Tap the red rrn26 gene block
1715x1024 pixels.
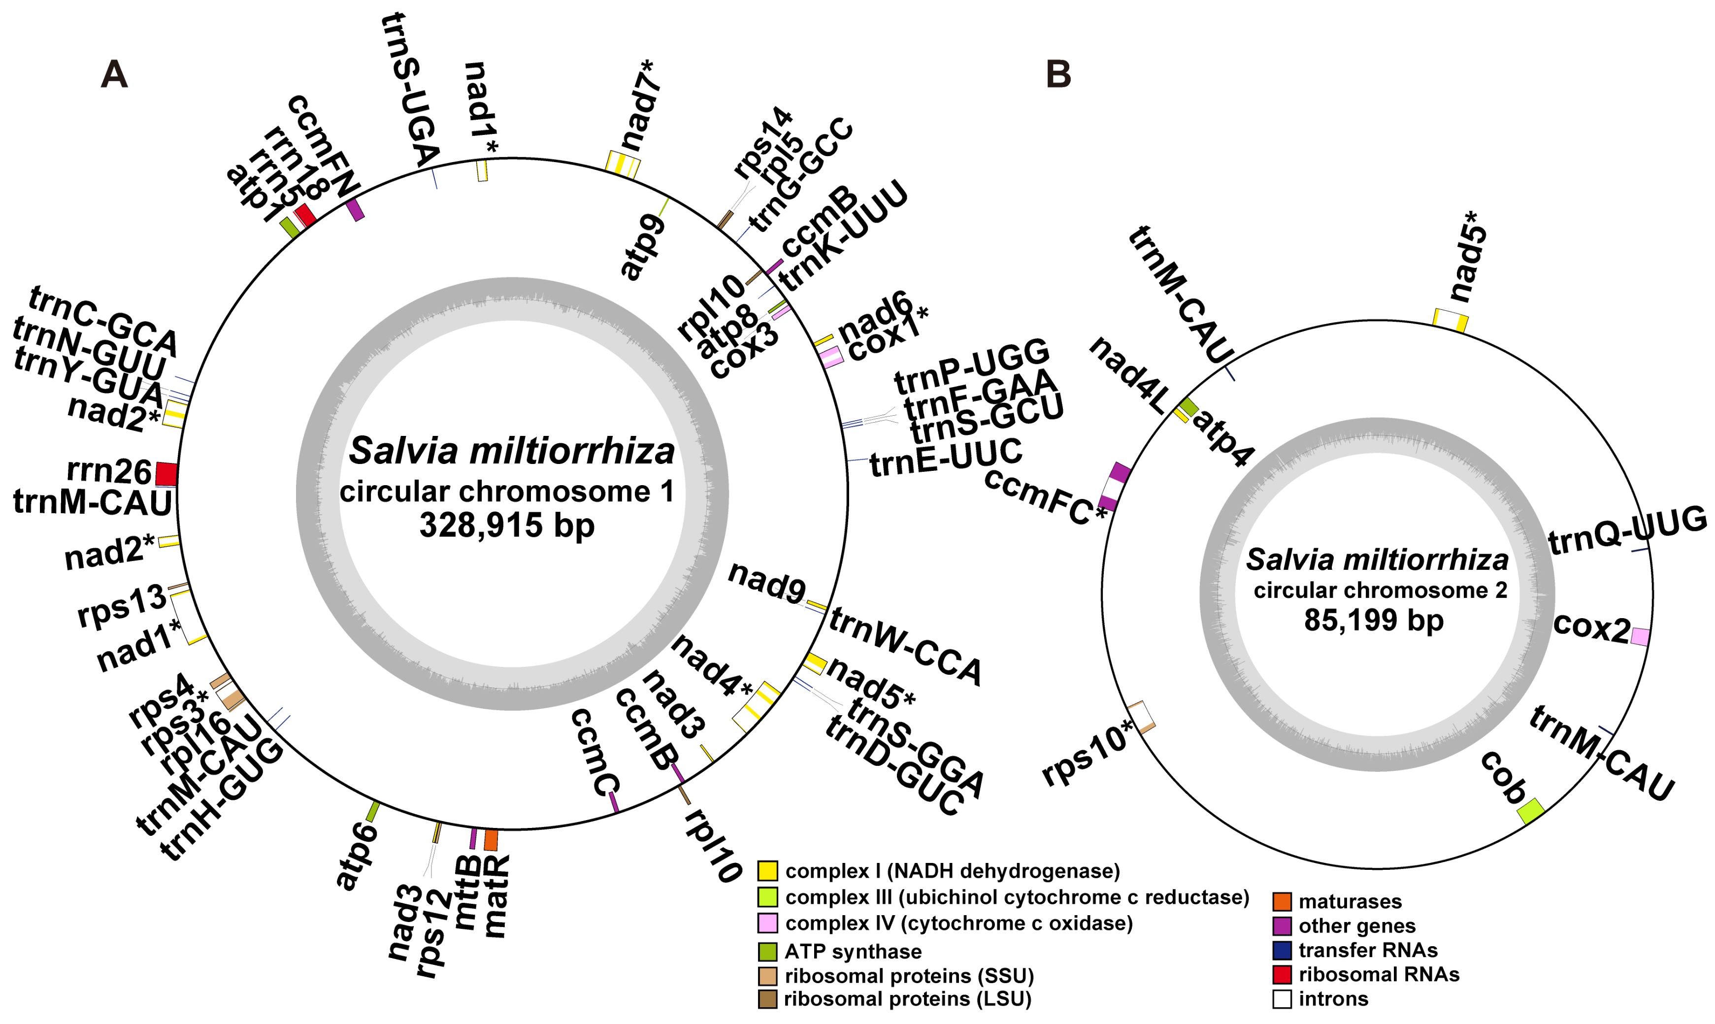(166, 474)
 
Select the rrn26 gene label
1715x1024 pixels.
(108, 471)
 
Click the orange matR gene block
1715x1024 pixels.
(491, 840)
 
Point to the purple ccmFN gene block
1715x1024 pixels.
(355, 210)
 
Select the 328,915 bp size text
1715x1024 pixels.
(507, 526)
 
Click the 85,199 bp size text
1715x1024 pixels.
(1373, 620)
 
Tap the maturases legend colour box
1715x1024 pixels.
(1282, 901)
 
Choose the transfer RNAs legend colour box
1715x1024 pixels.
(1282, 950)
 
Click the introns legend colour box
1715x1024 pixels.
(1282, 998)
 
